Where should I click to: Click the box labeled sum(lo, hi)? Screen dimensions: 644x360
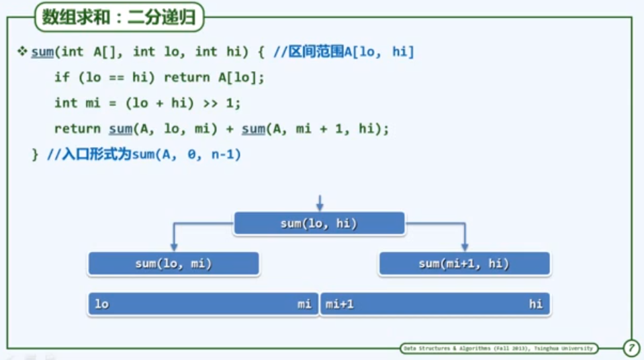(319, 224)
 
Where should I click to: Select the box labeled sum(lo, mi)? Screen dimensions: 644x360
(173, 264)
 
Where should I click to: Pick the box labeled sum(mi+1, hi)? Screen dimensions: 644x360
(464, 264)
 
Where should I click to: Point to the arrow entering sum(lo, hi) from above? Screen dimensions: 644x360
(320, 203)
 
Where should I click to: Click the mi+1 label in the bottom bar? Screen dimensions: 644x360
(340, 304)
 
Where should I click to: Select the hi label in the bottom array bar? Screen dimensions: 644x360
(535, 304)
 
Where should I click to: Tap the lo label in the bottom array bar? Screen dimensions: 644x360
(101, 304)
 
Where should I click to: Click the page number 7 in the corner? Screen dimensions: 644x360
(631, 349)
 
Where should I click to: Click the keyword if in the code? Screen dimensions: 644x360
(62, 77)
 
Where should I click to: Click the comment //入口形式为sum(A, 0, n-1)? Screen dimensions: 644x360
(144, 154)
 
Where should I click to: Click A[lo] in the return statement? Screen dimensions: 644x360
(238, 77)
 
